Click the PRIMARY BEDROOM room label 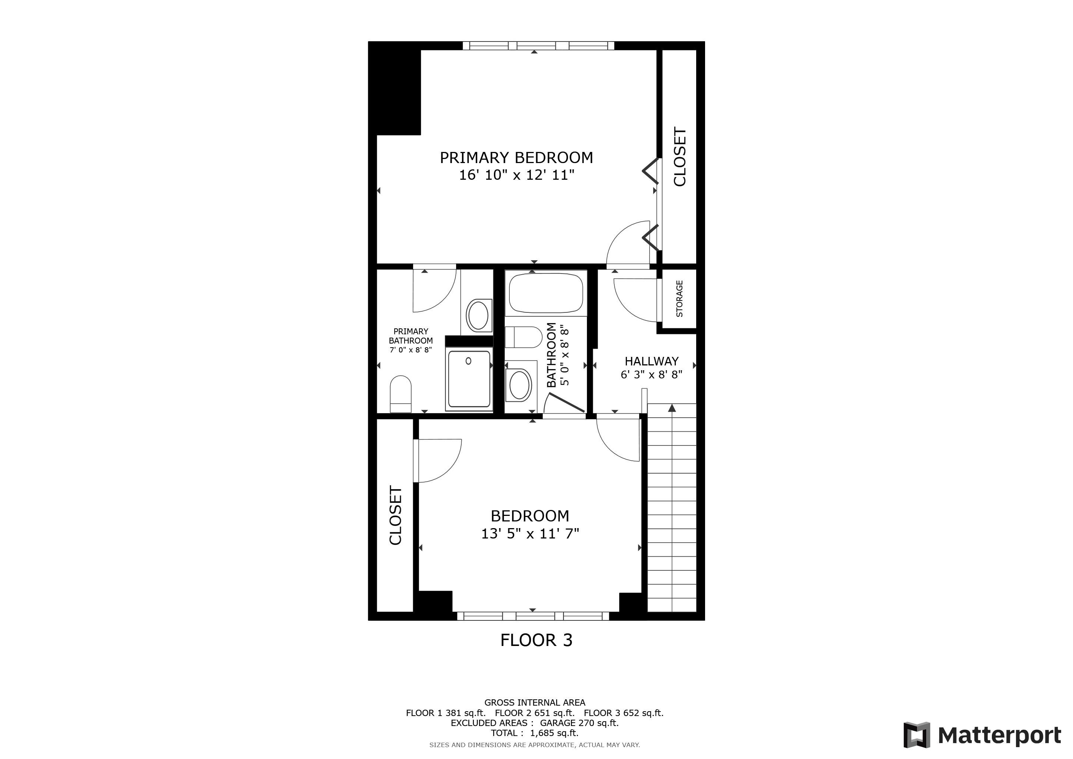tap(516, 158)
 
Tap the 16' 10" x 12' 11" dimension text tap(516, 175)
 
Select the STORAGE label tap(680, 299)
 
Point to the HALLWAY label tap(651, 361)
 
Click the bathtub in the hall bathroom tap(546, 293)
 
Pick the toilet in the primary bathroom tap(401, 394)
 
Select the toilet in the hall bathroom tap(524, 337)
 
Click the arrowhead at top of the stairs tap(672, 408)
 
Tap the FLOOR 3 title tap(536, 640)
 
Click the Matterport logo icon tap(916, 735)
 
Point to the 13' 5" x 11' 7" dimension tap(530, 533)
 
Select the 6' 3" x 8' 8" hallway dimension tap(651, 375)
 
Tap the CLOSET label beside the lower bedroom tap(395, 516)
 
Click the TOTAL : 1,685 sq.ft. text tap(535, 733)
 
